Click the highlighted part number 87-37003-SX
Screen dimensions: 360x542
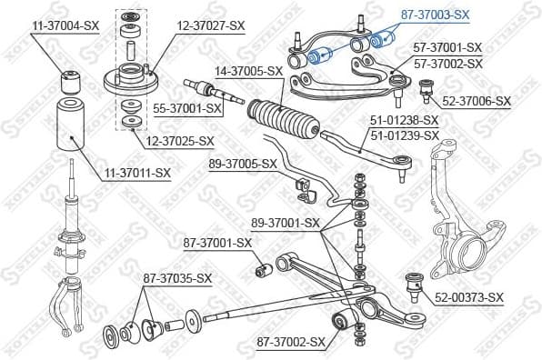coord(436,15)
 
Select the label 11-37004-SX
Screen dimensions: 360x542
coord(65,26)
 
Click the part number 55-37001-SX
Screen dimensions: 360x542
coord(188,108)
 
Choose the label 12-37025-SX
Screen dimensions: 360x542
coord(181,141)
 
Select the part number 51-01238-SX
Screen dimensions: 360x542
coord(405,120)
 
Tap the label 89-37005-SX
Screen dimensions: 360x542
coord(242,165)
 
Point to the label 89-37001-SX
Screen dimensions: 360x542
coord(286,223)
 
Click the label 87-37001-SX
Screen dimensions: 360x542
coord(217,243)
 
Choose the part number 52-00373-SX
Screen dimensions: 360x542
coord(469,297)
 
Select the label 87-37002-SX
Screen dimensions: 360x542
coord(290,342)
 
